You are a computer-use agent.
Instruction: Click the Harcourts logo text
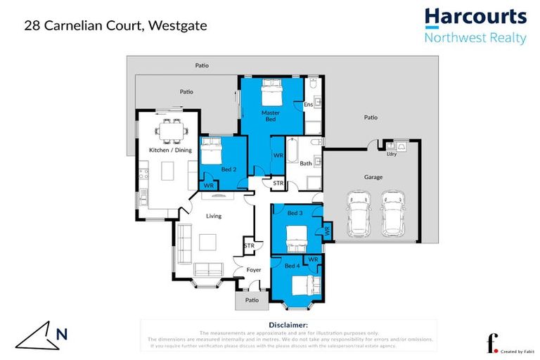pos(475,17)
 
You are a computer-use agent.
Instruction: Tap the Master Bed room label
pos(271,116)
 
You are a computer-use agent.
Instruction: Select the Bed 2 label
pos(228,169)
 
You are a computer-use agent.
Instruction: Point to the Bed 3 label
pos(295,212)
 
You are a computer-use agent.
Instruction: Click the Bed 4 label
pos(291,265)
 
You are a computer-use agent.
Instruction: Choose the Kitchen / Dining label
pos(169,150)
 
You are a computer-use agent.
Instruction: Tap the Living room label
pos(214,216)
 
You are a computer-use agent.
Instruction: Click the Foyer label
pos(254,269)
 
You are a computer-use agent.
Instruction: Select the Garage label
pos(373,177)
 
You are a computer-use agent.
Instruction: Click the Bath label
pos(305,164)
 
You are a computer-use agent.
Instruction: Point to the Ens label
pos(307,105)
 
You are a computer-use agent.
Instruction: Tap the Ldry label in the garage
pos(392,153)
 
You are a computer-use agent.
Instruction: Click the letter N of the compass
pos(61,335)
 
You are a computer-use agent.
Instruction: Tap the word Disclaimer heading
pos(288,325)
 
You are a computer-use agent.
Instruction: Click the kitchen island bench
pos(167,171)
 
